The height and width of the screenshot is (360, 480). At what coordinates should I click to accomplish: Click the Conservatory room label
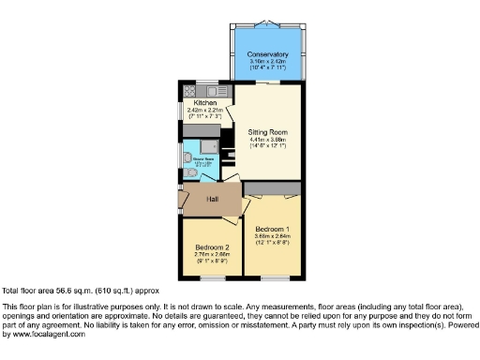click(x=267, y=55)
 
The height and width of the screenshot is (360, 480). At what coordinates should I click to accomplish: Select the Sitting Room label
click(x=266, y=132)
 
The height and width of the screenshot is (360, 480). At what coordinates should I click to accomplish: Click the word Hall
click(x=212, y=199)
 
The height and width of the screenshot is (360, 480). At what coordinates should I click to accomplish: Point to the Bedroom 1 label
click(x=272, y=228)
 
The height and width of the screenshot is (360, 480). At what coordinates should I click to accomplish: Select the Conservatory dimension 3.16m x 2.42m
click(x=267, y=63)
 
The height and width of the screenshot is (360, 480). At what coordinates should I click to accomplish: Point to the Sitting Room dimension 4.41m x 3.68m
click(x=266, y=140)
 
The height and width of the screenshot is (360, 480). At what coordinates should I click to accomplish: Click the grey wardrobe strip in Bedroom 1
click(x=273, y=190)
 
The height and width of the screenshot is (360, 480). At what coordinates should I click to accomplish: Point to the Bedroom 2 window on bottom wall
click(x=210, y=277)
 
